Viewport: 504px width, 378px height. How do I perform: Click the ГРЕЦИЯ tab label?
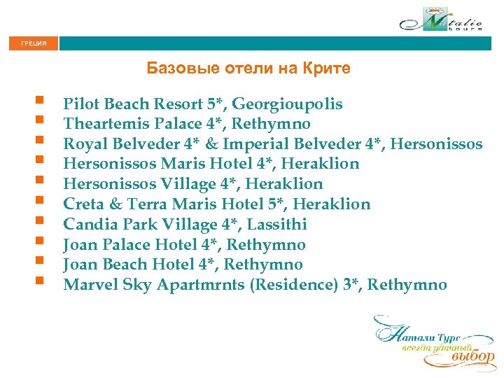pyautogui.click(x=34, y=43)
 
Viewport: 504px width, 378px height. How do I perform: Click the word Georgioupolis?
pyautogui.click(x=287, y=104)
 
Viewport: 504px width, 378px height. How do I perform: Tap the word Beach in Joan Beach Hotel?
pyautogui.click(x=122, y=265)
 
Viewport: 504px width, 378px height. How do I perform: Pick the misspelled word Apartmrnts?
pyautogui.click(x=200, y=285)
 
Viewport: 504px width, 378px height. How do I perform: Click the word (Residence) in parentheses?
pyautogui.click(x=290, y=285)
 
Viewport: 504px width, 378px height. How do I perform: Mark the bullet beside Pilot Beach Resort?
pyautogui.click(x=43, y=103)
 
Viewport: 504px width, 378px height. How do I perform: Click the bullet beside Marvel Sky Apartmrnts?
pyautogui.click(x=43, y=283)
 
